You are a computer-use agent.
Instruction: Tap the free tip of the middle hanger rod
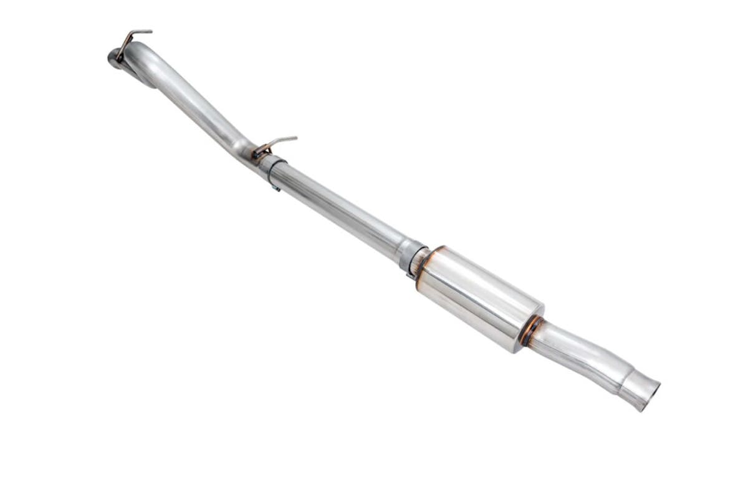tap(295, 138)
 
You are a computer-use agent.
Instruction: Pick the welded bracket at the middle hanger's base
tap(261, 151)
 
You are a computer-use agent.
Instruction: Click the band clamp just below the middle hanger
tap(272, 167)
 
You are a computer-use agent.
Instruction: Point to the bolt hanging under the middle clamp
tap(275, 186)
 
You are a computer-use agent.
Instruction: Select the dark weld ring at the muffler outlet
tap(530, 331)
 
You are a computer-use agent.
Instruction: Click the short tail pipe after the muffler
tap(573, 352)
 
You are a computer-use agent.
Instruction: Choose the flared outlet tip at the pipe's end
tap(639, 390)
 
